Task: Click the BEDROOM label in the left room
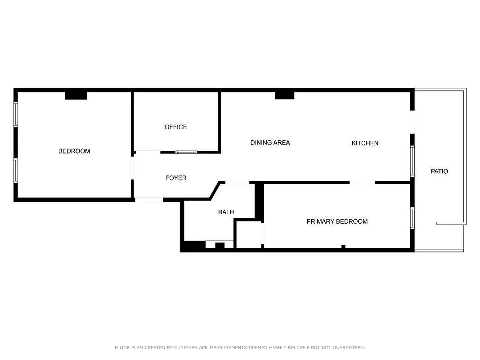pos(74,151)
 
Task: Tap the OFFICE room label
pos(175,127)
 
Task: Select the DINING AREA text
pos(270,143)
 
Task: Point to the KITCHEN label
pos(365,143)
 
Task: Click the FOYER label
pos(176,178)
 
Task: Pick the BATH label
pos(226,212)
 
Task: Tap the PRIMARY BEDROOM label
pos(337,221)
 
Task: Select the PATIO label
pos(439,171)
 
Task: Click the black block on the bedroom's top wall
pos(76,95)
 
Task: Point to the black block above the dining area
pos(284,95)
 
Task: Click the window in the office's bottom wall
pos(186,152)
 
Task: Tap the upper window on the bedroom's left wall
pos(16,114)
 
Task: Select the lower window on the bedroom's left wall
pos(16,171)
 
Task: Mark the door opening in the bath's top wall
pos(237,182)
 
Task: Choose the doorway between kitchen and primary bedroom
pos(362,182)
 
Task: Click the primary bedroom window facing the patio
pos(412,218)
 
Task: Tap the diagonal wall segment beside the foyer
pos(215,190)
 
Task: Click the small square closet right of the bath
pos(248,234)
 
